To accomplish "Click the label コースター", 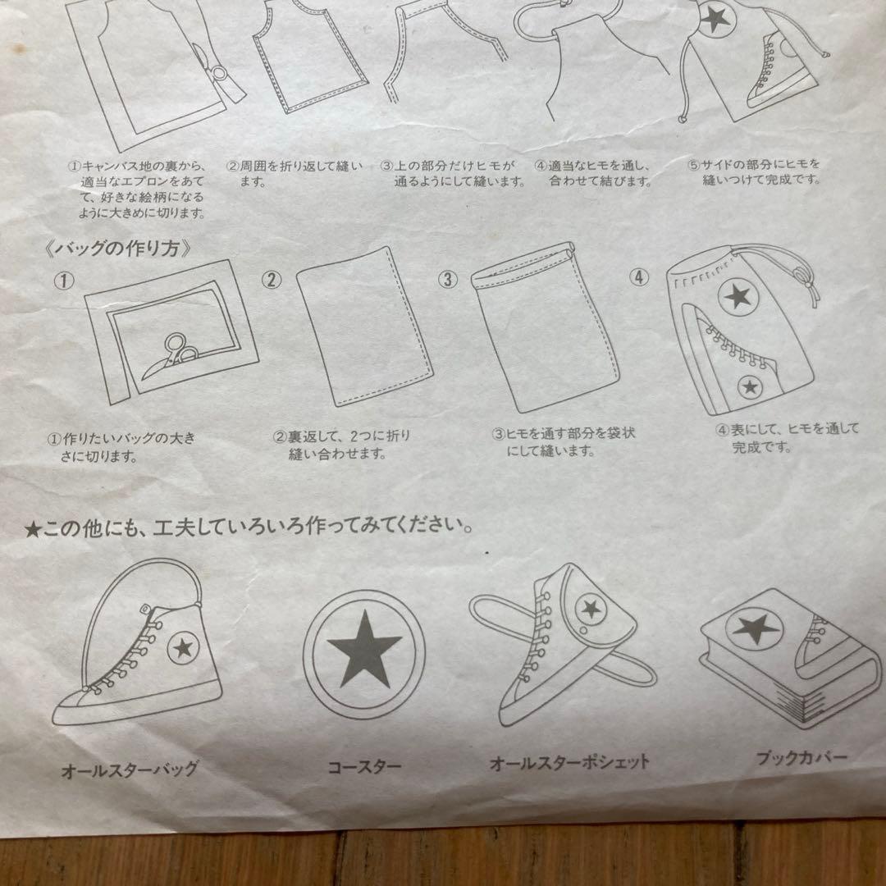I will point(364,768).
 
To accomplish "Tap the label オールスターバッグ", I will point(130,770).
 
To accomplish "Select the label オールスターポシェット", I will point(569,762).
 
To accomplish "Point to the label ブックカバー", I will point(802,758).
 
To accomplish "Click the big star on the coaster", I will point(364,647).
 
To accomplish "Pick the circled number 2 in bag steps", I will point(272,280).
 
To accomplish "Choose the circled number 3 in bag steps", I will point(447,279).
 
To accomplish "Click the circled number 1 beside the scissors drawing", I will point(64,281).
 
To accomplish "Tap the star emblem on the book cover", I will point(756,629).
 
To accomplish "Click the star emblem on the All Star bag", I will point(184,648).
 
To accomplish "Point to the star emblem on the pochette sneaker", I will point(589,609).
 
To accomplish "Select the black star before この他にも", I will point(33,529).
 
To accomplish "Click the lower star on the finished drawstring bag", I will point(749,386).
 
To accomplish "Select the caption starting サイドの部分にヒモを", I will point(755,171).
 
